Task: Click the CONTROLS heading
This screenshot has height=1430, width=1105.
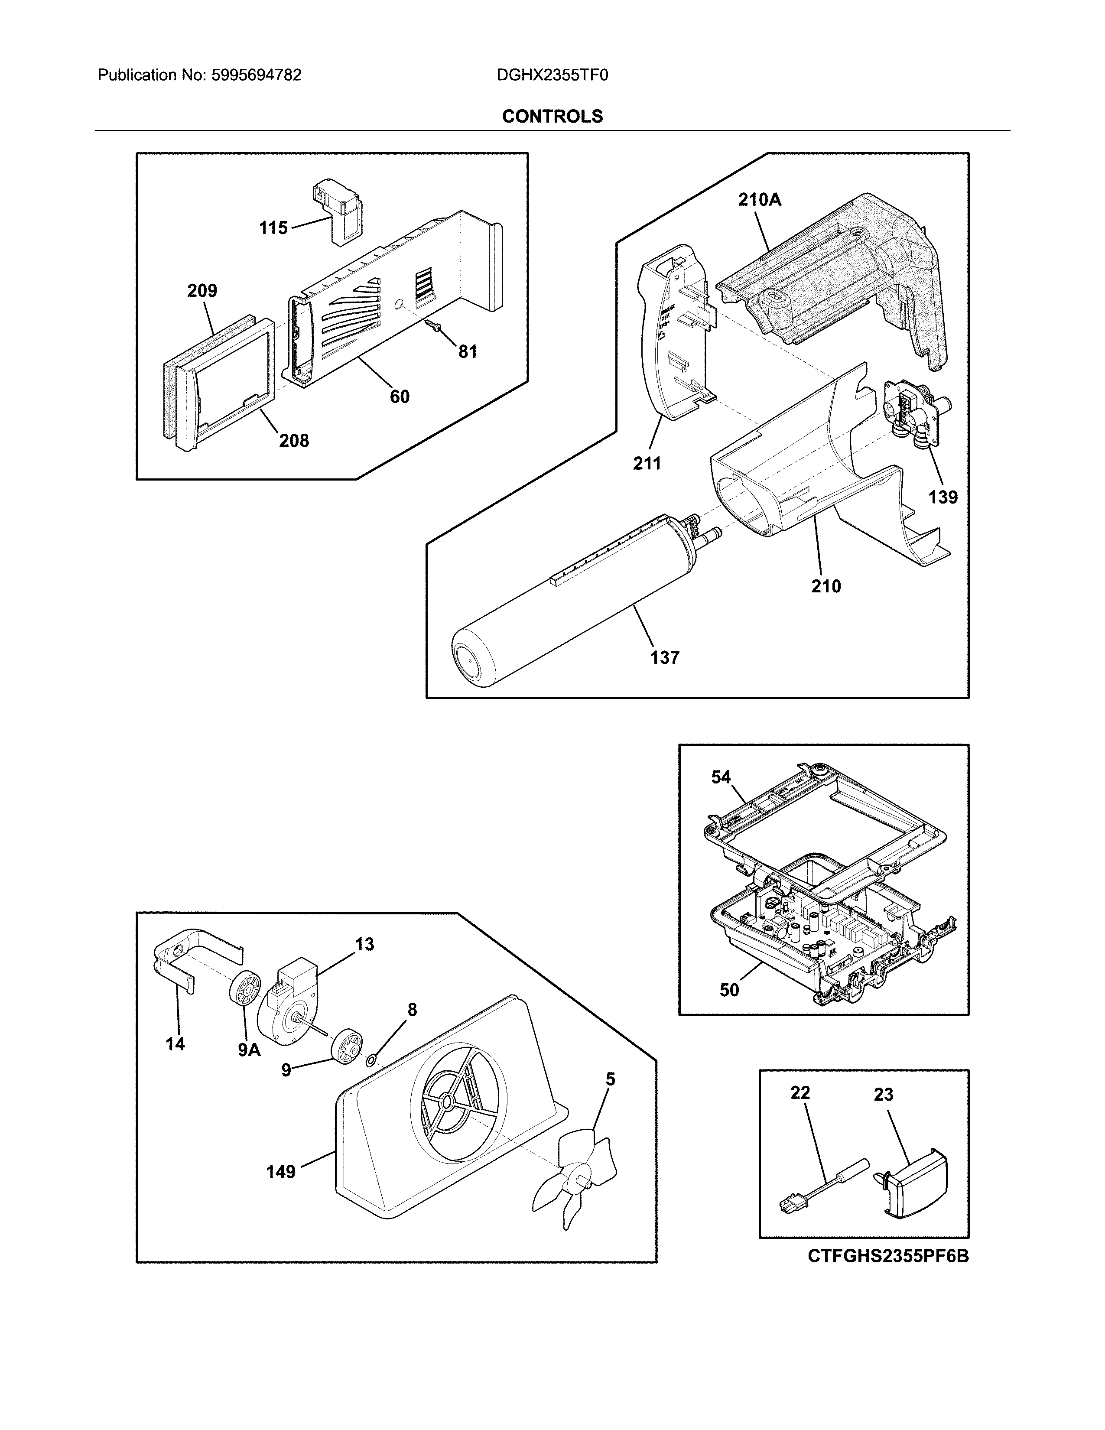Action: pos(552,117)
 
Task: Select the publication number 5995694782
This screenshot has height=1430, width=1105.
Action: pos(256,75)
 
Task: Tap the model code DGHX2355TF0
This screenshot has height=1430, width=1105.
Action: pos(552,75)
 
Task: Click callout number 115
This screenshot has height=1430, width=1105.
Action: pos(273,228)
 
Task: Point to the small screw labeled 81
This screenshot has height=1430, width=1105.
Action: pos(434,325)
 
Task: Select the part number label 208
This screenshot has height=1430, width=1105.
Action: pos(294,441)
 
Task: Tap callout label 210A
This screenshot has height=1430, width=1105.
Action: pos(759,200)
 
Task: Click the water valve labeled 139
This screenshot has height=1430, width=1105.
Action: pos(913,413)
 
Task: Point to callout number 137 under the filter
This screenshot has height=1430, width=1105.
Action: pos(664,657)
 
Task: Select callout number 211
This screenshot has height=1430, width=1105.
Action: pos(647,464)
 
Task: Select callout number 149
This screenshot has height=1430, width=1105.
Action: pos(280,1171)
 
